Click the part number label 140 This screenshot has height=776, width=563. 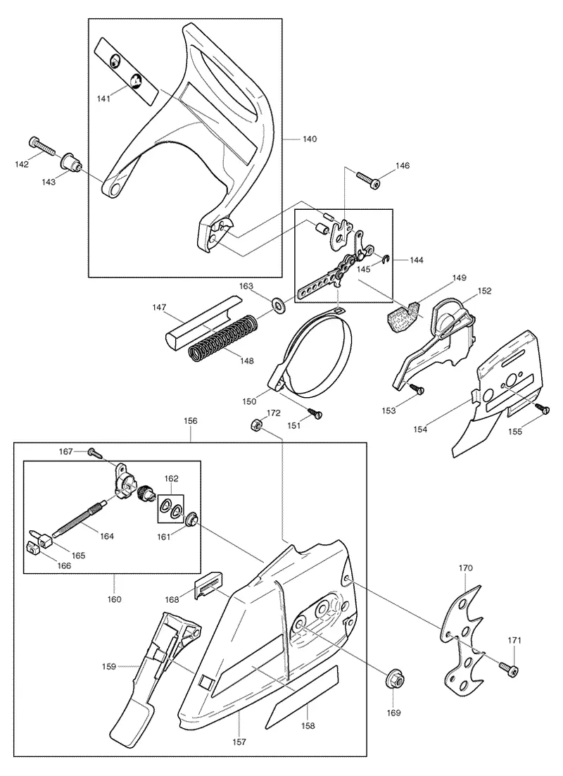tap(309, 139)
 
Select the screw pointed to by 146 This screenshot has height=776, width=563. tap(369, 179)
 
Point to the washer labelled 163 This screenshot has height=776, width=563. tap(279, 305)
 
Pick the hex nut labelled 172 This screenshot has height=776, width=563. tap(256, 424)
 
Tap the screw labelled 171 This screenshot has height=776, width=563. tap(508, 669)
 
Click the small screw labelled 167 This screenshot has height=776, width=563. tap(94, 452)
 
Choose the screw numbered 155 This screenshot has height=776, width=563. tap(542, 409)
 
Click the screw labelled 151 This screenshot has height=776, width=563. tap(314, 412)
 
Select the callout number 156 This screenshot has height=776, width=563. tap(190, 421)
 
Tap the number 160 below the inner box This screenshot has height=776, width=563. tap(114, 599)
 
